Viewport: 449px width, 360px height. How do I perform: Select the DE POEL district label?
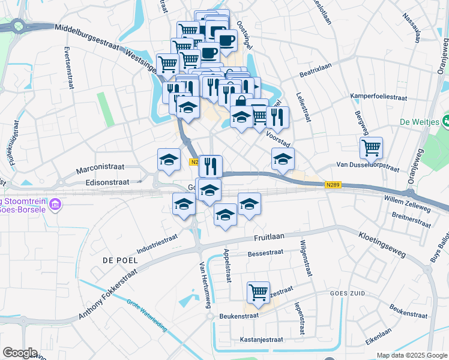[120, 260]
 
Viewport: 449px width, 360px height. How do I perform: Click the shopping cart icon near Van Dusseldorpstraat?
[372, 148]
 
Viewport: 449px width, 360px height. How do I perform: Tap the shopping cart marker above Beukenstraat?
[258, 292]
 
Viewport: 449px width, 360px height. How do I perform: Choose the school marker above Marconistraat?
[169, 159]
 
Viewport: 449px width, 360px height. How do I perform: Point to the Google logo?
[20, 353]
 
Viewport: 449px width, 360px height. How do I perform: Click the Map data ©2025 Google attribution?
[412, 355]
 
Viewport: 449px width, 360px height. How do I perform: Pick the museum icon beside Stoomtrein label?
[55, 205]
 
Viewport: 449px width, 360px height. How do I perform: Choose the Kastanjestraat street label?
[261, 339]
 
